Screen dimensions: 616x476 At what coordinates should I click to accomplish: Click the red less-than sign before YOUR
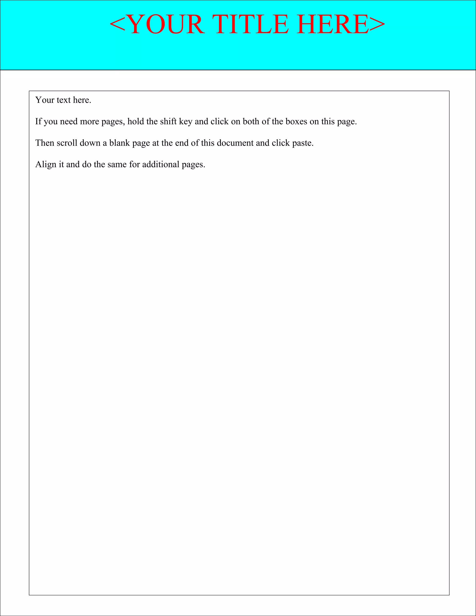coord(117,25)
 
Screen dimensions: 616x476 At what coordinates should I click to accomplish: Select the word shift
coord(168,122)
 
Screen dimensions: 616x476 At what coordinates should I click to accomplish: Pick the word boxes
coord(296,122)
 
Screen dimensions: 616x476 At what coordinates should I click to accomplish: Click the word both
coord(251,122)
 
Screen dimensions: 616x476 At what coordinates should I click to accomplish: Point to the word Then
coord(45,143)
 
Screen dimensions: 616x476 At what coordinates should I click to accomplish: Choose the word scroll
coord(67,143)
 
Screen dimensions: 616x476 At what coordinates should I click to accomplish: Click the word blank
coord(119,143)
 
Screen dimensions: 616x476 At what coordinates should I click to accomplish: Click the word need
coord(69,122)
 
